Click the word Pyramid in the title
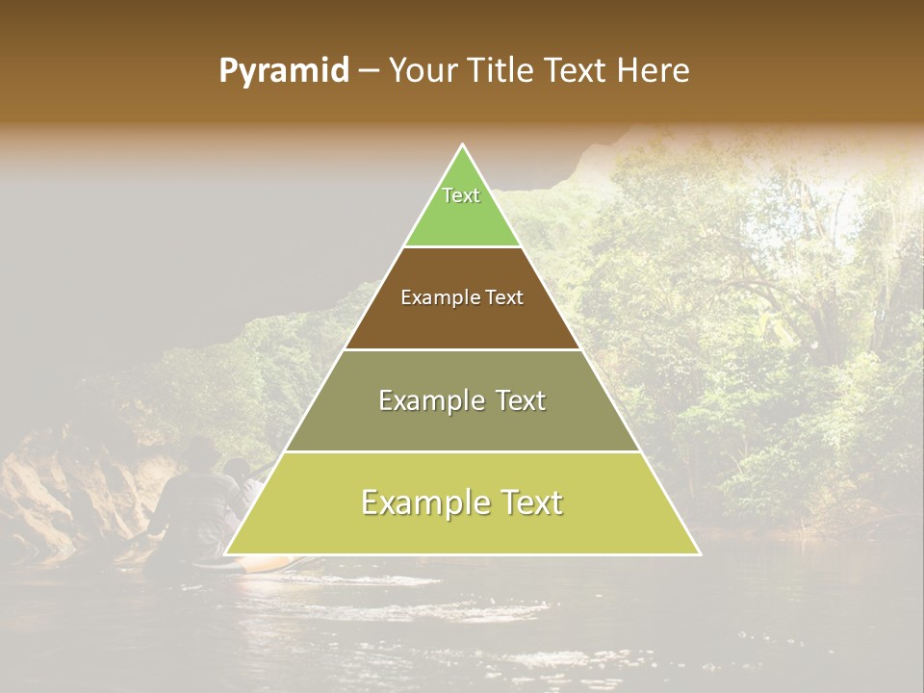283,71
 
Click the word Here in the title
654,71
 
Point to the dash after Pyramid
369,72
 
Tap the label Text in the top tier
461,195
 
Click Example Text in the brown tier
462,297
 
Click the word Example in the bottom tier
422,502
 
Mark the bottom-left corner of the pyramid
226,553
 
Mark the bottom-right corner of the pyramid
699,553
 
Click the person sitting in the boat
197,500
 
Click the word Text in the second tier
504,297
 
